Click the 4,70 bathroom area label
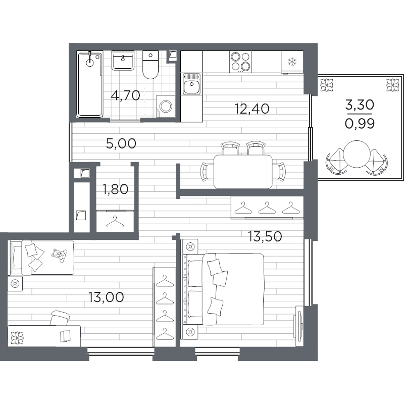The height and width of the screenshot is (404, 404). click(x=125, y=95)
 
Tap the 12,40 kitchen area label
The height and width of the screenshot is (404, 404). click(x=252, y=109)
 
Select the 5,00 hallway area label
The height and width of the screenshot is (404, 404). click(x=121, y=143)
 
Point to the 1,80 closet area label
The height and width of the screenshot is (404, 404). click(x=115, y=189)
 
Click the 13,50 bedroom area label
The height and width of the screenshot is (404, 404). click(x=265, y=236)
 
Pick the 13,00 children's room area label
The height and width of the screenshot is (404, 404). click(x=106, y=297)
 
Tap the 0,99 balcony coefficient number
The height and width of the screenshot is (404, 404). click(x=360, y=124)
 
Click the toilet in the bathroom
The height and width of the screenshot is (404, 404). click(x=150, y=65)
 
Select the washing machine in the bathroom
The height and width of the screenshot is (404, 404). click(x=166, y=106)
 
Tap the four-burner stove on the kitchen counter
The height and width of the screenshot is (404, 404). click(x=240, y=62)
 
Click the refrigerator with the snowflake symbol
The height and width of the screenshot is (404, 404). click(x=292, y=62)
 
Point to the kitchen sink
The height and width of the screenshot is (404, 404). click(x=192, y=84)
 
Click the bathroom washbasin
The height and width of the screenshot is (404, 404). click(x=123, y=60)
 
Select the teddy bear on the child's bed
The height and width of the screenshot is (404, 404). click(x=60, y=255)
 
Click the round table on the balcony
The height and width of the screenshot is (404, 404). click(x=357, y=155)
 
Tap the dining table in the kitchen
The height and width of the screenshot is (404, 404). click(x=243, y=171)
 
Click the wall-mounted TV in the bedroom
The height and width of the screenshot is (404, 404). click(x=298, y=326)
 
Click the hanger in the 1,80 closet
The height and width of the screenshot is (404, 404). click(x=115, y=222)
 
